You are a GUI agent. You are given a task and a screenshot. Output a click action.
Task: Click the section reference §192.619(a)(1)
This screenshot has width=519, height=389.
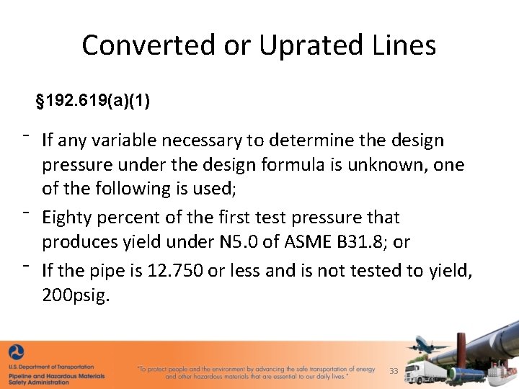tap(93, 101)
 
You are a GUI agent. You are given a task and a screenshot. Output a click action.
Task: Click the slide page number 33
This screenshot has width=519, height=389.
tap(394, 371)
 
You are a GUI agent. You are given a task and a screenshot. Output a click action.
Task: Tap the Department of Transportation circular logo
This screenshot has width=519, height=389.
tap(15, 353)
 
